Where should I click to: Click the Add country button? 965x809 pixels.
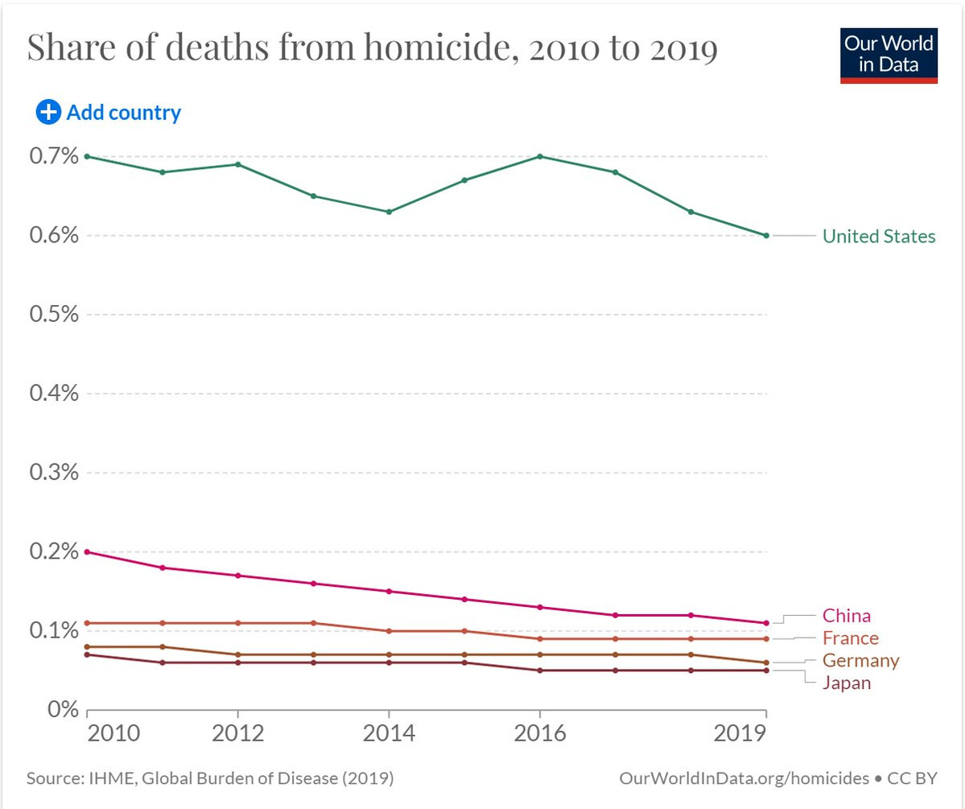[x=109, y=113]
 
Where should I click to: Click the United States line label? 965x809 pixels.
[x=879, y=236]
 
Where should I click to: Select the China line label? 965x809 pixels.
[x=846, y=616]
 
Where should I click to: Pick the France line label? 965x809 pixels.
[x=850, y=638]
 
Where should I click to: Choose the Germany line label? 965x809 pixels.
[x=860, y=661]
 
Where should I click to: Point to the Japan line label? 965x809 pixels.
[x=846, y=683]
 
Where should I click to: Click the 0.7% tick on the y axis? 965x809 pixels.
[x=54, y=155]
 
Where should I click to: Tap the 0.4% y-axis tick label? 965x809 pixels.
[x=54, y=393]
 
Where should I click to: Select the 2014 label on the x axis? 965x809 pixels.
[x=389, y=735]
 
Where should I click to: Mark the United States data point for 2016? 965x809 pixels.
[x=539, y=156]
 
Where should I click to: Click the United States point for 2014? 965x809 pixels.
[x=389, y=212]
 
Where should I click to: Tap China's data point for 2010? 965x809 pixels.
[x=87, y=551]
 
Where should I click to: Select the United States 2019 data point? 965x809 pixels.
[x=766, y=235]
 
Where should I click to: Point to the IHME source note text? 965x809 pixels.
[x=210, y=778]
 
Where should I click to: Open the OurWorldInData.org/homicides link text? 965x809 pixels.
[x=744, y=778]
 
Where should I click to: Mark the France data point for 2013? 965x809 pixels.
[x=313, y=623]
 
